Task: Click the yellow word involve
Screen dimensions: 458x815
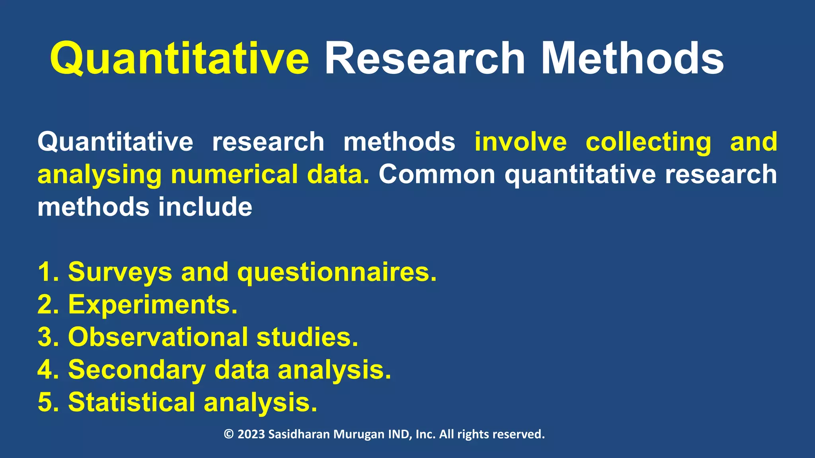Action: pos(521,142)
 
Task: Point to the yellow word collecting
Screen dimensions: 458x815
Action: pos(648,142)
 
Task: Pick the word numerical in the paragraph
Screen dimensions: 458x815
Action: pos(234,175)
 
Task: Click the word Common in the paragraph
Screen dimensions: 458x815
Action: pos(437,175)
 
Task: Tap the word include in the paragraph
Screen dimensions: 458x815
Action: pos(205,207)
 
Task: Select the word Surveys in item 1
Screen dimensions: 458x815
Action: pos(120,272)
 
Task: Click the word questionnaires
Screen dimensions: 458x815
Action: pos(337,272)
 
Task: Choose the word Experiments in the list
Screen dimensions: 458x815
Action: pos(153,305)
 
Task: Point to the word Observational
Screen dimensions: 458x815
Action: pos(158,337)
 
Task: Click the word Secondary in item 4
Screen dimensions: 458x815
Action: pos(137,370)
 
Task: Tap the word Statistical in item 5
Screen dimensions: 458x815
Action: pos(132,402)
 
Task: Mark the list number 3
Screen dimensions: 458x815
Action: pos(45,337)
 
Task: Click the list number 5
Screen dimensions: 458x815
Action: pos(45,402)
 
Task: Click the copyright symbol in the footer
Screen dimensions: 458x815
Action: pos(228,434)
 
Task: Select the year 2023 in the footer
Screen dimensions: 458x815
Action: pos(251,434)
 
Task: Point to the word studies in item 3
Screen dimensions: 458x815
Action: pos(307,337)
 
